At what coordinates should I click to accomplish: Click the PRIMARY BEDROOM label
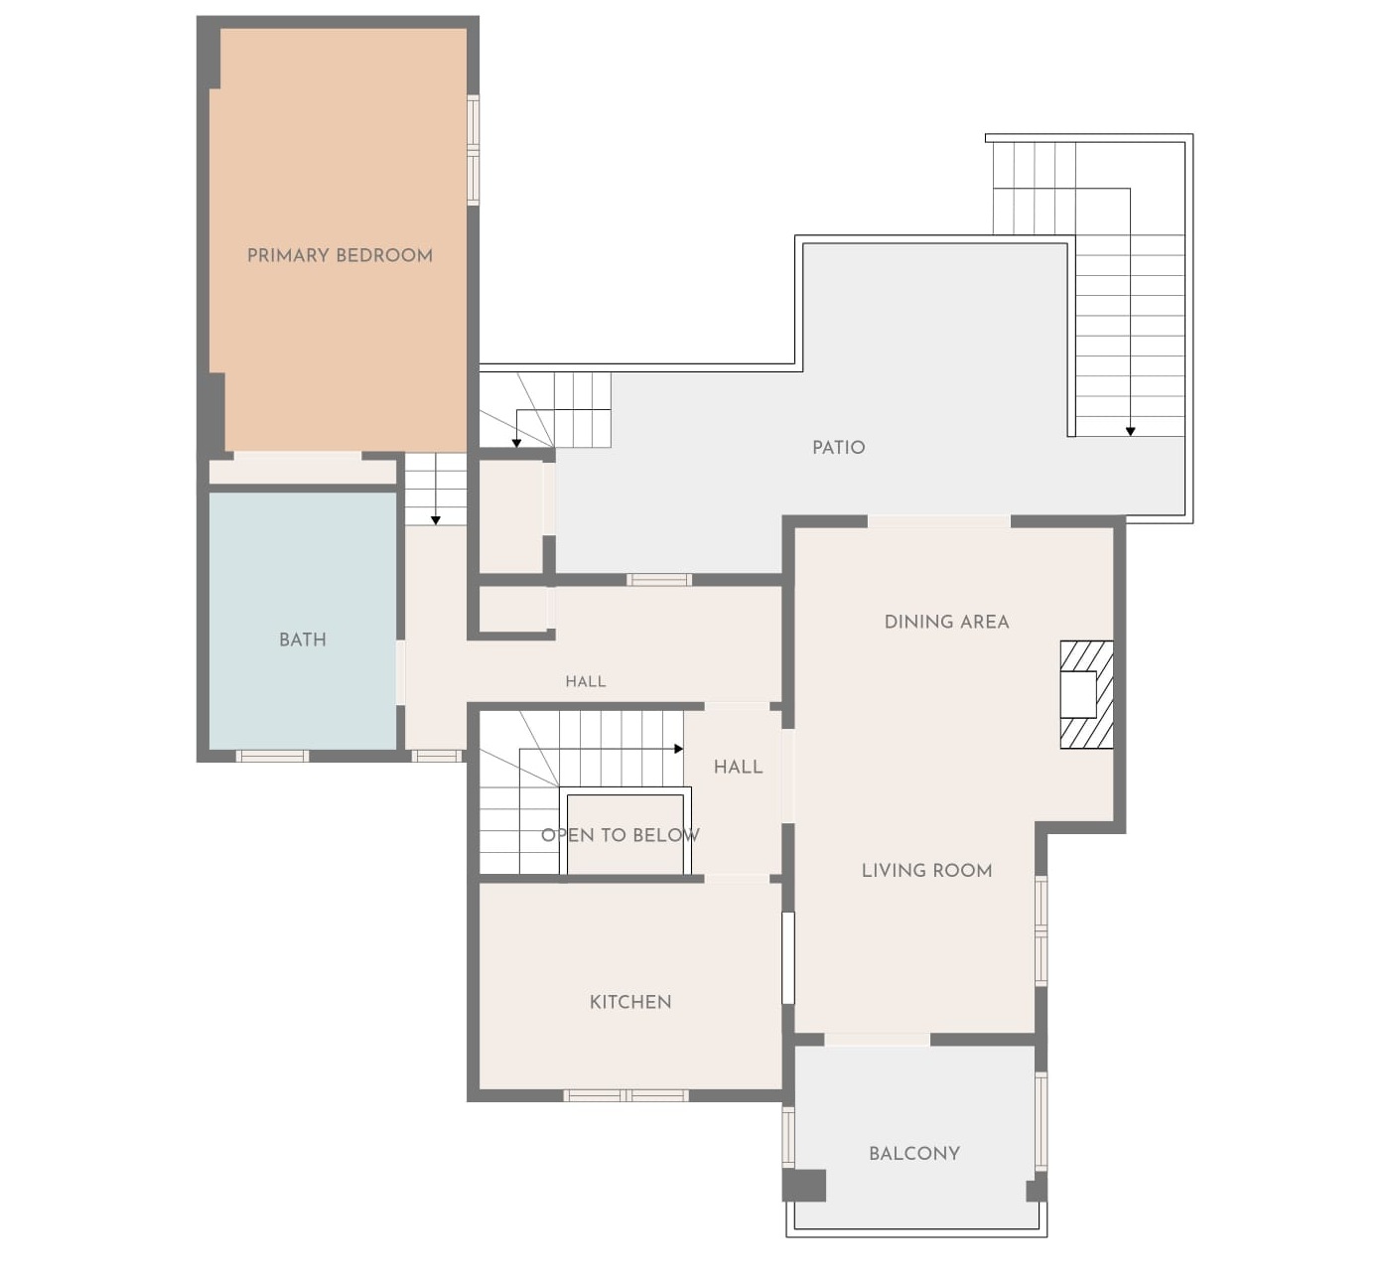[x=340, y=256]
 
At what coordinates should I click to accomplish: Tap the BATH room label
[x=302, y=640]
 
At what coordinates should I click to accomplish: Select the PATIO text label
[x=838, y=448]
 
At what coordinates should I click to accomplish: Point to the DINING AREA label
[x=946, y=622]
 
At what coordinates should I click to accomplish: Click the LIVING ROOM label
[x=926, y=871]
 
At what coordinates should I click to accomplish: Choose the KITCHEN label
[x=630, y=1002]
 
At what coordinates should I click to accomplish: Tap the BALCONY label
[x=914, y=1153]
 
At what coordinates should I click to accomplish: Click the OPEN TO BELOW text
[x=621, y=835]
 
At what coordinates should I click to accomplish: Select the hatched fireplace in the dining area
[x=1086, y=694]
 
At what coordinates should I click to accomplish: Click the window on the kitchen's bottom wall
[x=625, y=1095]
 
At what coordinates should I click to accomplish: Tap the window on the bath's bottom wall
[x=272, y=756]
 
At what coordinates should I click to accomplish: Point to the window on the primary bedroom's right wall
[x=473, y=150]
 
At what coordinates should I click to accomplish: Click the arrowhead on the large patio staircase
[x=1130, y=431]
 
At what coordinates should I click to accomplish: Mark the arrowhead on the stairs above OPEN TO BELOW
[x=678, y=749]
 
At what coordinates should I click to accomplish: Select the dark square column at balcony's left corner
[x=804, y=1185]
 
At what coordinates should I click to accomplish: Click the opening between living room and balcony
[x=878, y=1040]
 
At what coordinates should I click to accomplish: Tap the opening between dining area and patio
[x=939, y=522]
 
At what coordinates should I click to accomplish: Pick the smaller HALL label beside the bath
[x=586, y=681]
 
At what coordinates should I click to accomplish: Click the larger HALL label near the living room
[x=738, y=767]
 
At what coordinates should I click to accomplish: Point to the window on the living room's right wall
[x=1041, y=930]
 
